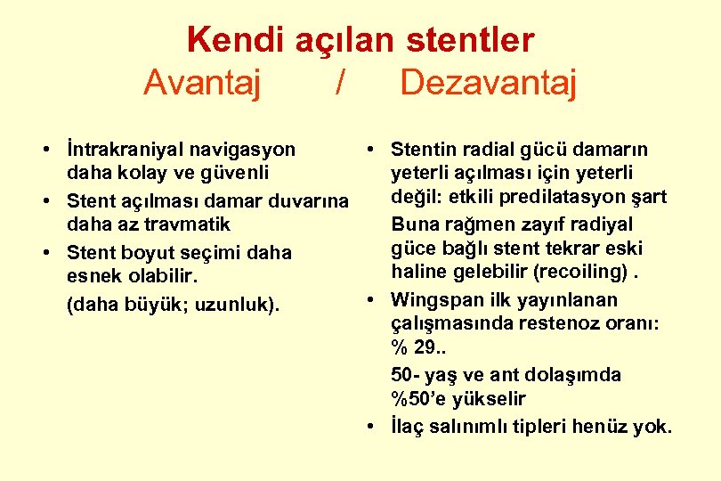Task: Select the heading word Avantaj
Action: pos(202,83)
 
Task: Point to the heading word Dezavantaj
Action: pos(489,83)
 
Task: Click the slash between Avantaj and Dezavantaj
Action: pos(340,83)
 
